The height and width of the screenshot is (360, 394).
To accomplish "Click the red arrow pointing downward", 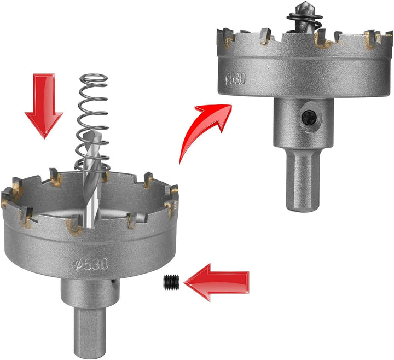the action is coord(44,106).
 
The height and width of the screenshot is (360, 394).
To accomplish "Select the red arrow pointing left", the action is coord(217,282).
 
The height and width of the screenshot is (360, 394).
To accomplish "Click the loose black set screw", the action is coord(171,282).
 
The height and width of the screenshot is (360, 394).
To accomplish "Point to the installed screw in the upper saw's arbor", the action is coord(309,117).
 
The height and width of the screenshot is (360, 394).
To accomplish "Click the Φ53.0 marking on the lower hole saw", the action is coord(91,264).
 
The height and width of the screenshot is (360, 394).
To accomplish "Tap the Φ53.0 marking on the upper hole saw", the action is coord(235,79).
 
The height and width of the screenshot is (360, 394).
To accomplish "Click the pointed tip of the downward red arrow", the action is coord(44,138).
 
